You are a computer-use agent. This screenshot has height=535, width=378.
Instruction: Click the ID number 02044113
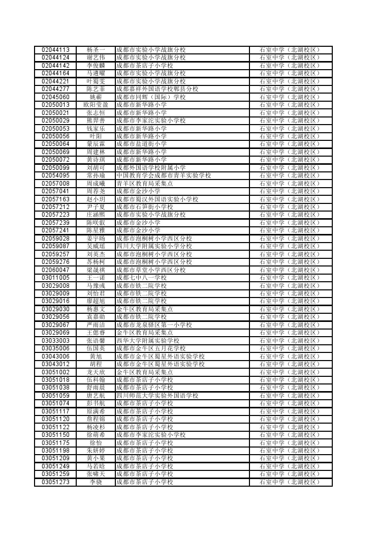click(x=55, y=50)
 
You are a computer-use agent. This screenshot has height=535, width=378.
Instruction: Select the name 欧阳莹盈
click(x=96, y=105)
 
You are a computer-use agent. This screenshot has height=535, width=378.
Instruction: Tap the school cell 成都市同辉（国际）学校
click(x=151, y=97)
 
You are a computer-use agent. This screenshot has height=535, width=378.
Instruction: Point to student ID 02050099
click(x=55, y=167)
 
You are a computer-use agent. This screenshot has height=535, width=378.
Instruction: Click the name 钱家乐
click(x=96, y=128)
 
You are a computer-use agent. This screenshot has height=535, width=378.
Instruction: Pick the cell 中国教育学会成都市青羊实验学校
click(x=164, y=175)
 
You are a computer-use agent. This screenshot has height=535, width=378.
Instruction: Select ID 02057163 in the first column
click(x=55, y=199)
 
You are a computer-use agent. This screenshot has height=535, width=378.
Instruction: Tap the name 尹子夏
click(x=96, y=207)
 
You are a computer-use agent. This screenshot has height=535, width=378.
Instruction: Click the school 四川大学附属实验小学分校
click(x=154, y=246)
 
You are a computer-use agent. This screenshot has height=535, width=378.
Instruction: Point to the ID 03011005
click(x=55, y=278)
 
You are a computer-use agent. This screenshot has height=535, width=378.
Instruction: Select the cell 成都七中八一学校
click(x=141, y=278)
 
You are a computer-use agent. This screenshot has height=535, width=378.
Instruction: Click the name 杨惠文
click(x=96, y=309)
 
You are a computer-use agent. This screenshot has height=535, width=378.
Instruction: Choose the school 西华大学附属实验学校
click(x=148, y=340)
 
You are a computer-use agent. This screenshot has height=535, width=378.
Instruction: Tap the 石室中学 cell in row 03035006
click(x=290, y=348)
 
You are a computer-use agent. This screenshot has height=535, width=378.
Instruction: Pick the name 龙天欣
click(x=96, y=372)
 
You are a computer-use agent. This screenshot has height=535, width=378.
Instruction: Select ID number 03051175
click(x=55, y=442)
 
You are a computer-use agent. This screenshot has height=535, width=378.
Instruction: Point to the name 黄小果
click(x=96, y=458)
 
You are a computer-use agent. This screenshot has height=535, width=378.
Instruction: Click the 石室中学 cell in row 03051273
click(x=290, y=482)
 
